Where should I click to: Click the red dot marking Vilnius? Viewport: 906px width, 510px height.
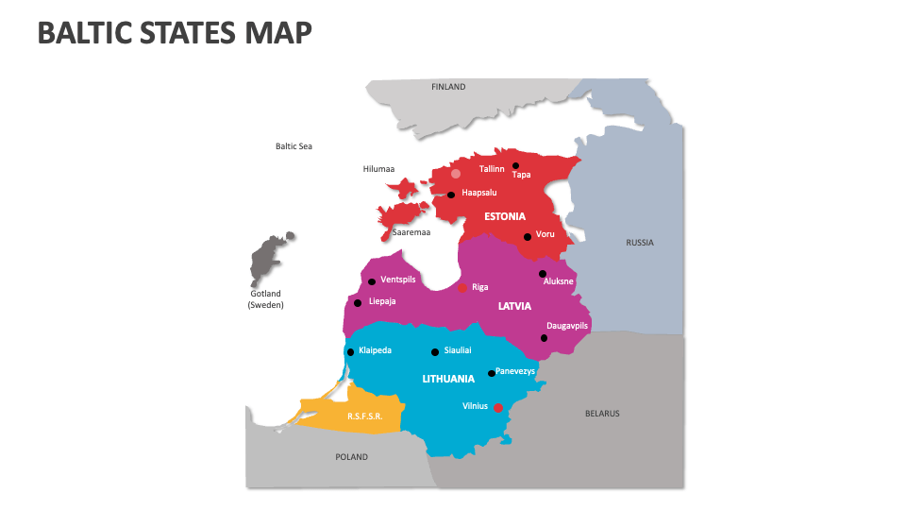[x=499, y=408]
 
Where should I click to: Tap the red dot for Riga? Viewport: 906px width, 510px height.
[x=462, y=287]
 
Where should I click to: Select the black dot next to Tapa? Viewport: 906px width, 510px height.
[x=515, y=166]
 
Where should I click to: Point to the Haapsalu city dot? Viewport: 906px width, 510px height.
[x=451, y=195]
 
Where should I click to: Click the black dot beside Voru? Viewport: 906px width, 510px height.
[x=528, y=237]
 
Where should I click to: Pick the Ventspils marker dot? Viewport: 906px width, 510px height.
[x=372, y=281]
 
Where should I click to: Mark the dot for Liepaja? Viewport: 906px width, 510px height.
[x=358, y=303]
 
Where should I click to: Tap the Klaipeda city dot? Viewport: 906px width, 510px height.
[x=350, y=352]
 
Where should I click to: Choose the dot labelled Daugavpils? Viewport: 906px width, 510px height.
[x=544, y=338]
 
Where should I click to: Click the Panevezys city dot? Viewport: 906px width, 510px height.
[x=492, y=374]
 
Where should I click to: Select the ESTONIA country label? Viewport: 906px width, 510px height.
[x=505, y=216]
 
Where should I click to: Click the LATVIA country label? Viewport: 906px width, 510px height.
[x=515, y=306]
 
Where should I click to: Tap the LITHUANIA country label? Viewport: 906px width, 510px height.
[x=448, y=379]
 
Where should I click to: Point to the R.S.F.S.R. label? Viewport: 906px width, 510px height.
[x=363, y=416]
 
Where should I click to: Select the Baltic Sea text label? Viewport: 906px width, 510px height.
[x=294, y=146]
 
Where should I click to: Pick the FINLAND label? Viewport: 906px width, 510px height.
[x=448, y=87]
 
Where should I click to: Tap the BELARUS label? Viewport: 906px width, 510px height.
[x=602, y=414]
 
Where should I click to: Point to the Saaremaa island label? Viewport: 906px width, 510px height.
[x=411, y=232]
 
